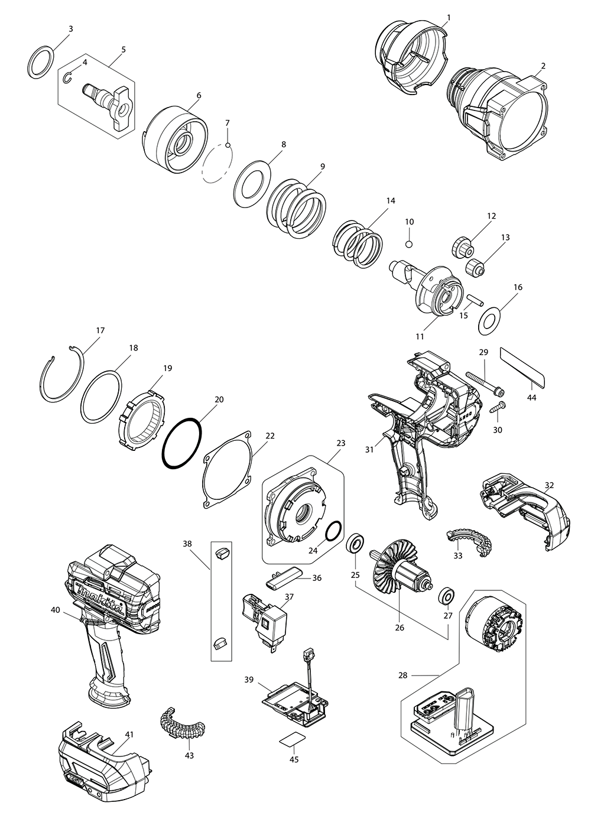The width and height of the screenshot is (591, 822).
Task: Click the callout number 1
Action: click(x=448, y=18)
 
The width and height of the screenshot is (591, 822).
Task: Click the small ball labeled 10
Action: click(x=410, y=243)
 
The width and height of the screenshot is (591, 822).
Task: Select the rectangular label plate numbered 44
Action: click(x=524, y=367)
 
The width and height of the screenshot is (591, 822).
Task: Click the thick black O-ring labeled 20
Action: click(x=183, y=443)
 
